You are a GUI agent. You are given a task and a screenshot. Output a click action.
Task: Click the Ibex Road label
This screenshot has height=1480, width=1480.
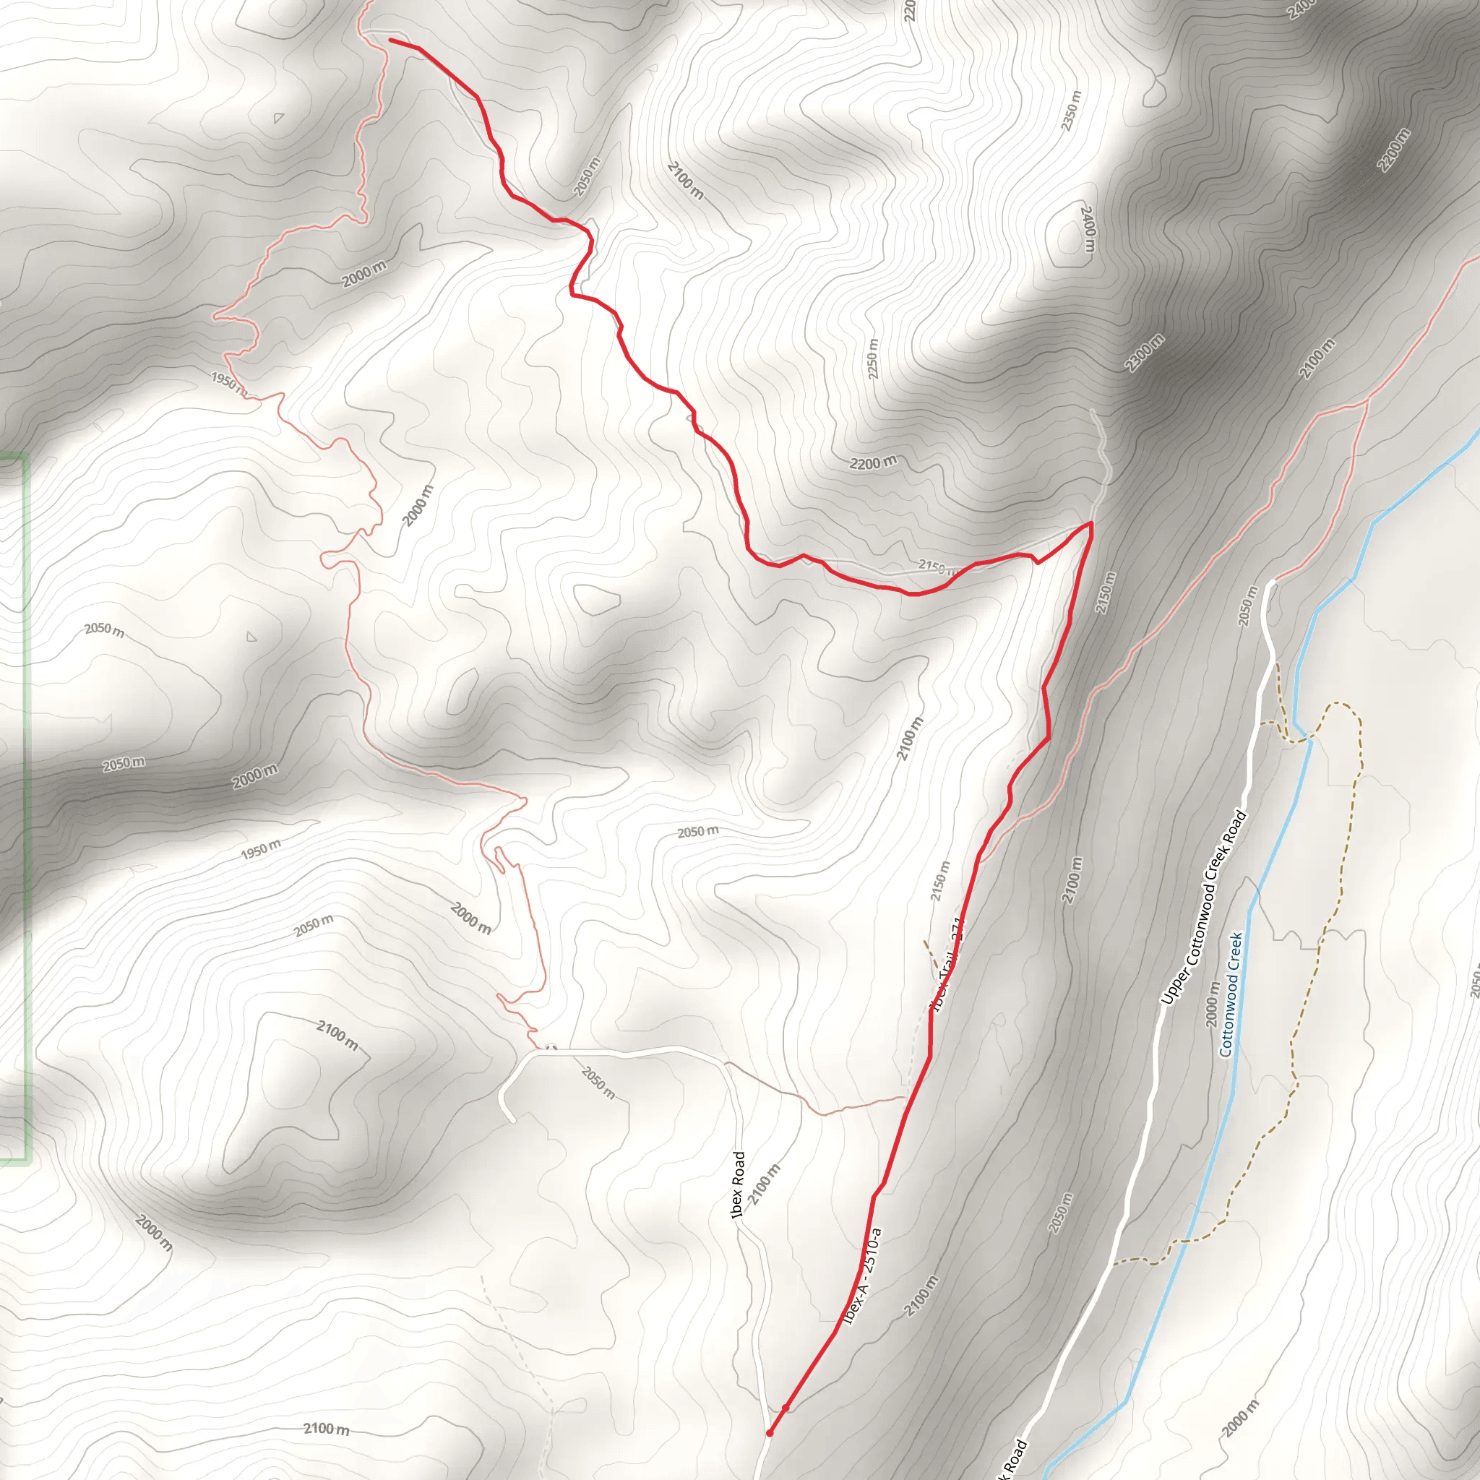pyautogui.click(x=738, y=1185)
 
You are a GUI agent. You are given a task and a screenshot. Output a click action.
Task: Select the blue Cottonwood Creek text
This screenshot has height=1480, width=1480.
pyautogui.click(x=1230, y=994)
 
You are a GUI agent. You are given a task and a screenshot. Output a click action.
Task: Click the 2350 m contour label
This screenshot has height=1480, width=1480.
pyautogui.click(x=1072, y=111)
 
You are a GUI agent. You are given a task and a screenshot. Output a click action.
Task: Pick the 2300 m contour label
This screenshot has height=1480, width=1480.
pyautogui.click(x=1145, y=353)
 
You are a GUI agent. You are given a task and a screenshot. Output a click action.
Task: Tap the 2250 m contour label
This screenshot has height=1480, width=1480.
pyautogui.click(x=872, y=358)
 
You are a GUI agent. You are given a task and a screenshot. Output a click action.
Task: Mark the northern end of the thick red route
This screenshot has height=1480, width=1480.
pyautogui.click(x=391, y=39)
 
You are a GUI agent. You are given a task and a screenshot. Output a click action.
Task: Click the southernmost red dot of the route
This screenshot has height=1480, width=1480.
pyautogui.click(x=769, y=1432)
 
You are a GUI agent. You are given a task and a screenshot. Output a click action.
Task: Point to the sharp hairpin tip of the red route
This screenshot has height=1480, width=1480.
pyautogui.click(x=1090, y=523)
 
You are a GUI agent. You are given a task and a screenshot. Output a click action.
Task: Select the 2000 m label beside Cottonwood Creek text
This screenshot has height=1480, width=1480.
pyautogui.click(x=1213, y=1004)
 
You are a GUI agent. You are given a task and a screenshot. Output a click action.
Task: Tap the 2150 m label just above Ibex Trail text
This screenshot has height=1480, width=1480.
pyautogui.click(x=940, y=881)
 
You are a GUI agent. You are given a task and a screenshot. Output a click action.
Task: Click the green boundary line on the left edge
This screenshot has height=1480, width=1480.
pyautogui.click(x=26, y=804)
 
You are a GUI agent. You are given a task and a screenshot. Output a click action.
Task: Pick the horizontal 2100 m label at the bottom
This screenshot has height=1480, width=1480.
pyautogui.click(x=327, y=1429)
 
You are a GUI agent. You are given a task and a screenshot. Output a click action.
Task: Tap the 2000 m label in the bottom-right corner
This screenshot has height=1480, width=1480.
pyautogui.click(x=1240, y=1419)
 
